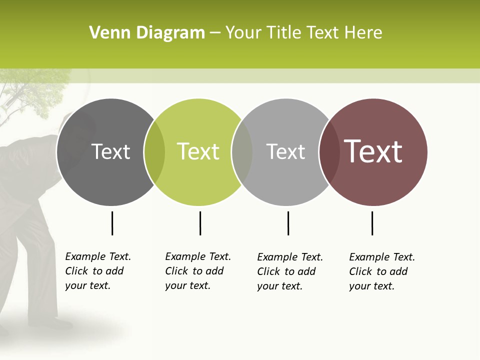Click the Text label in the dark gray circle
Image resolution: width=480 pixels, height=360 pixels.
[x=110, y=152]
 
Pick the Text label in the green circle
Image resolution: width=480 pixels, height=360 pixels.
[x=198, y=152]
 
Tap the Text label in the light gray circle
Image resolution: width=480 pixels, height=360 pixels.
[x=285, y=152]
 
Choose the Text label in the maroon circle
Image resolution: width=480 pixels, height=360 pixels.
[x=373, y=151]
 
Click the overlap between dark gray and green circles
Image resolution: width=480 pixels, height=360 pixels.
[x=154, y=152]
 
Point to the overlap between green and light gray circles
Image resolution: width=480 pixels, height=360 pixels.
[x=242, y=152]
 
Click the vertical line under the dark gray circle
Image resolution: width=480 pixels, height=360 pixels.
[x=112, y=223]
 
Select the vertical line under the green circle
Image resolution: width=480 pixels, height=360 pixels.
[x=200, y=223]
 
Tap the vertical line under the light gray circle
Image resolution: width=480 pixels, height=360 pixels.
[x=288, y=223]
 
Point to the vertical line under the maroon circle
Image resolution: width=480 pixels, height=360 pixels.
[x=372, y=223]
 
